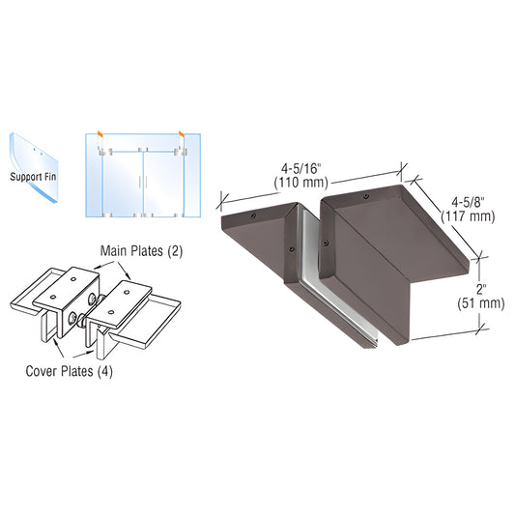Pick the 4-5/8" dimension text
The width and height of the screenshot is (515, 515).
point(472,202)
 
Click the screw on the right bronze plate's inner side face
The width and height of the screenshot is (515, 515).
point(327,242)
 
